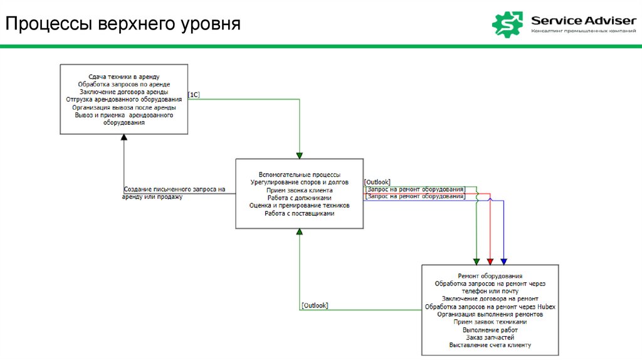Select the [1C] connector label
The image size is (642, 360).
194,95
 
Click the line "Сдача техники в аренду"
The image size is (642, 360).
124,77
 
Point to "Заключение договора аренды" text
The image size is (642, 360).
124,92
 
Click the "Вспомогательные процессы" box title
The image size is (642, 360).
299,174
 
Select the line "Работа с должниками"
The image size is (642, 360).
299,198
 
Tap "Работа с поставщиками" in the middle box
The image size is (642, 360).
299,213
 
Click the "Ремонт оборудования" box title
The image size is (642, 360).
490,276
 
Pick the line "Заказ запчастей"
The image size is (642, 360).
490,337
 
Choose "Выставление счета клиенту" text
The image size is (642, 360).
490,345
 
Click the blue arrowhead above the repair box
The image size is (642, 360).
503,261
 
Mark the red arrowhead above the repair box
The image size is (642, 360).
490,261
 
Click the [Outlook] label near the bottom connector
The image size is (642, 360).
315,305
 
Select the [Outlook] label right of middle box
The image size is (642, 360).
377,182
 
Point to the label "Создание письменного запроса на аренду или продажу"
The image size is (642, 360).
174,193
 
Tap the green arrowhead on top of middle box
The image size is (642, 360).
300,155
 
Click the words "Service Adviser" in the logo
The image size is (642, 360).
583,20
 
